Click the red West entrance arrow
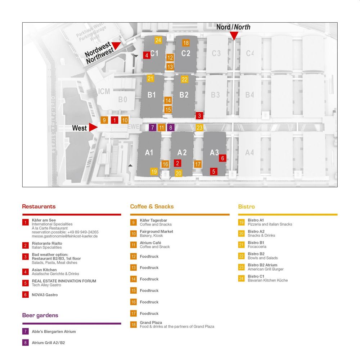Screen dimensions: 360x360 (93, 127)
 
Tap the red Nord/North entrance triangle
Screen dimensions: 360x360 (234, 35)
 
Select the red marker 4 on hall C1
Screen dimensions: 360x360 (147, 55)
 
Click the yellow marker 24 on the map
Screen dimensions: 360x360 (158, 40)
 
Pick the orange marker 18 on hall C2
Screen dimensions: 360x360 (186, 43)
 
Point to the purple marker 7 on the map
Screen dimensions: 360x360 (152, 127)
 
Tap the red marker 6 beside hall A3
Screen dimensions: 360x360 (222, 158)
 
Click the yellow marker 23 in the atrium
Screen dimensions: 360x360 (199, 127)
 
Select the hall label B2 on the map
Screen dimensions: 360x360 (184, 95)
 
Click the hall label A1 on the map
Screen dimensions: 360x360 (149, 152)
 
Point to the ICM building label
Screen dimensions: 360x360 (104, 91)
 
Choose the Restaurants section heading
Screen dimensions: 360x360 (39, 206)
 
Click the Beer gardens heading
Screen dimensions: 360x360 (40, 315)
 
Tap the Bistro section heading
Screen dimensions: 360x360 (246, 207)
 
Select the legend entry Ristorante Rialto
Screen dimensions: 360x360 (47, 243)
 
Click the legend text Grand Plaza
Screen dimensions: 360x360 (151, 323)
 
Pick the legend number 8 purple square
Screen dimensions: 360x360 (26, 343)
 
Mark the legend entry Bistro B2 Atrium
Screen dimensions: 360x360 (262, 265)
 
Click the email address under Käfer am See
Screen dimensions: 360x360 (65, 236)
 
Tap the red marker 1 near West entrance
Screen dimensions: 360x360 (114, 120)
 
